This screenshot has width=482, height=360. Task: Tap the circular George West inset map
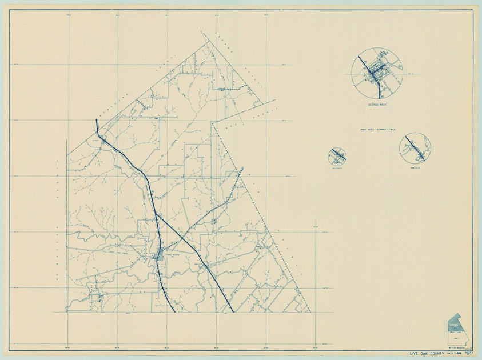point(377,73)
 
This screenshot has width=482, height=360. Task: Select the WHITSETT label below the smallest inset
point(337,168)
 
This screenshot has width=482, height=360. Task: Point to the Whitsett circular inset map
point(337,156)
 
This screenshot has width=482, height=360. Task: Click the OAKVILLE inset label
point(415,167)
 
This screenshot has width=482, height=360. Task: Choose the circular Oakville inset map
point(415,148)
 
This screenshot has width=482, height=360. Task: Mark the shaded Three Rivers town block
point(159,257)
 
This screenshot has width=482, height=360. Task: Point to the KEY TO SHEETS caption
point(455,347)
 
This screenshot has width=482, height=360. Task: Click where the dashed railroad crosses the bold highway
point(181,237)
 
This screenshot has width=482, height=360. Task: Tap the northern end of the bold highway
point(97,120)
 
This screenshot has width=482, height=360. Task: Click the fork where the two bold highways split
point(155,214)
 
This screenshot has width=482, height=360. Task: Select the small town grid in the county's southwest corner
point(99,296)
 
